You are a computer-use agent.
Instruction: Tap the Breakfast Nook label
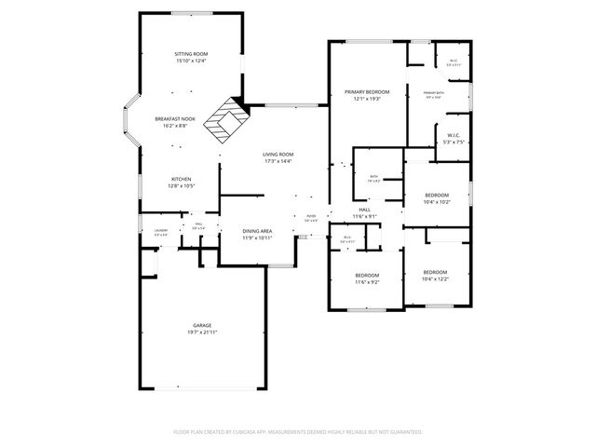(x=175, y=118)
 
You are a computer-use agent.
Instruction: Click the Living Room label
(x=278, y=154)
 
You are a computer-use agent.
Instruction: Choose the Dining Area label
(x=257, y=230)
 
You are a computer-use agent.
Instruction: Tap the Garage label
(x=202, y=325)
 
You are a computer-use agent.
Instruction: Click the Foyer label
(x=311, y=216)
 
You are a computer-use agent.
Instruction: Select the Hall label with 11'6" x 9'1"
(x=364, y=210)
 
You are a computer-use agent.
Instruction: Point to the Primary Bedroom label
(x=366, y=92)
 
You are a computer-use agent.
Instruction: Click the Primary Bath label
(x=434, y=93)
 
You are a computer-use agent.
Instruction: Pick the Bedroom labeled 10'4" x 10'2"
(x=436, y=195)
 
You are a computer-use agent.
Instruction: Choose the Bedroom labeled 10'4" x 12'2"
(x=436, y=272)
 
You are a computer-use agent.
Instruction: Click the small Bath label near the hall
(x=372, y=176)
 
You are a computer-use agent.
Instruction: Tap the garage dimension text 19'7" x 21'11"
(x=202, y=332)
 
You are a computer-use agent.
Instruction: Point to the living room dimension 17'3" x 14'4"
(x=278, y=161)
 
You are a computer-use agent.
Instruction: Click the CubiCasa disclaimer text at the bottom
(x=298, y=432)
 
